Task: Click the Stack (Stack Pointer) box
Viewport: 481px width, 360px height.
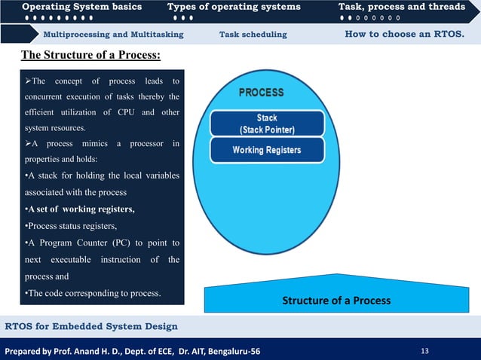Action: click(x=266, y=124)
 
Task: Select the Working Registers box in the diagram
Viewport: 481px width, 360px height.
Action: click(x=266, y=150)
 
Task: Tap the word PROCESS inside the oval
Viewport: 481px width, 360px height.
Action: click(x=262, y=93)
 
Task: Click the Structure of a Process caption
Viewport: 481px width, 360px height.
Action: click(x=336, y=301)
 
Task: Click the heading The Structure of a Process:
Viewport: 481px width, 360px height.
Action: click(x=90, y=56)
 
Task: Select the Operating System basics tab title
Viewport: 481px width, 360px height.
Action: click(x=81, y=7)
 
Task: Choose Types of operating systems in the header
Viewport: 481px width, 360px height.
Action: click(x=234, y=7)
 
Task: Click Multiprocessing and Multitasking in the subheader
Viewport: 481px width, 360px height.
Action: click(x=113, y=35)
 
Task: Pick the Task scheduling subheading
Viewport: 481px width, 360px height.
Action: click(x=253, y=35)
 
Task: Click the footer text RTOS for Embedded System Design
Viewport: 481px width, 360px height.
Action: click(x=91, y=326)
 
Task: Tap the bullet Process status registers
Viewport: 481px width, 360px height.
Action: click(x=69, y=226)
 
